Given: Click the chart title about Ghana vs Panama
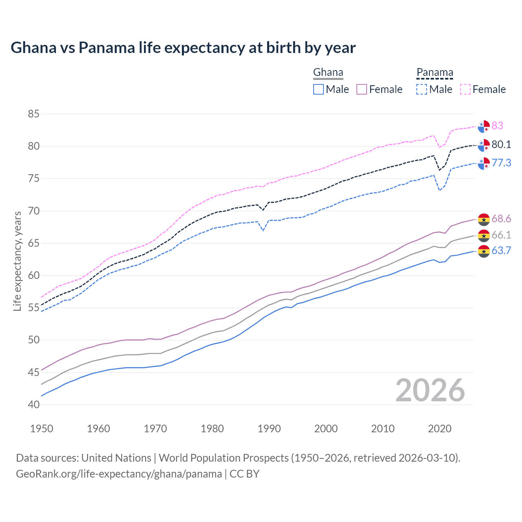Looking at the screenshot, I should click(183, 48).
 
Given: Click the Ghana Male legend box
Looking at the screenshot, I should click(319, 89).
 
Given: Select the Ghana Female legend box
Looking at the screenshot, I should click(362, 89).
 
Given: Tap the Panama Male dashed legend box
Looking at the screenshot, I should click(422, 89).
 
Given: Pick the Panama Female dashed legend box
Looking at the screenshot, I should click(465, 89).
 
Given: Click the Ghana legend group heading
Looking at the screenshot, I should click(328, 73).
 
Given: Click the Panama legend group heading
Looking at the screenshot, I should click(435, 73).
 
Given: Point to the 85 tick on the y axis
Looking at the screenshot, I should click(33, 114).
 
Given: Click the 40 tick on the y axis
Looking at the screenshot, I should click(33, 405).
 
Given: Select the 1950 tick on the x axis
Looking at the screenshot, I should click(42, 429).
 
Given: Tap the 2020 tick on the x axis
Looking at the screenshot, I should click(440, 429).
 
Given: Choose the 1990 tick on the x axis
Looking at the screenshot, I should click(269, 429).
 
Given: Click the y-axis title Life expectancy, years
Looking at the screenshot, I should click(17, 261).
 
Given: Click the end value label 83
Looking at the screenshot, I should click(497, 126).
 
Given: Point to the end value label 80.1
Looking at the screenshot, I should click(501, 145).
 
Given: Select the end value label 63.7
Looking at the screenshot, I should click(501, 251).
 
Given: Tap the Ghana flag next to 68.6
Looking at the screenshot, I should click(484, 219).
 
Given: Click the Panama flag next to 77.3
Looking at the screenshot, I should click(484, 163).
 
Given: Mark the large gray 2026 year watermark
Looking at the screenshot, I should click(430, 390).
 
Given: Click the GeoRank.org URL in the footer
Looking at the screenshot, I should click(119, 474).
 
